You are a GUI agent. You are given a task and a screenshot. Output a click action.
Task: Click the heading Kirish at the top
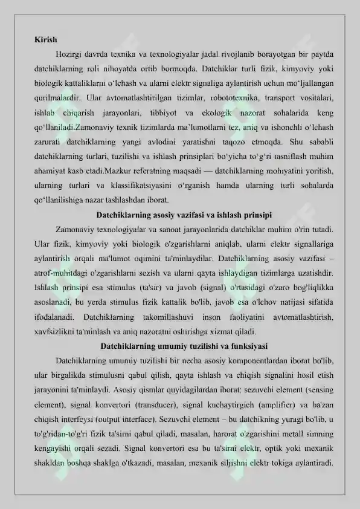click(x=45, y=41)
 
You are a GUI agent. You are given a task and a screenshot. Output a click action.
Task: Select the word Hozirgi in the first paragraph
click(x=71, y=55)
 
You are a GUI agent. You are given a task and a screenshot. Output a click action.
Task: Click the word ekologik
click(x=222, y=112)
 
